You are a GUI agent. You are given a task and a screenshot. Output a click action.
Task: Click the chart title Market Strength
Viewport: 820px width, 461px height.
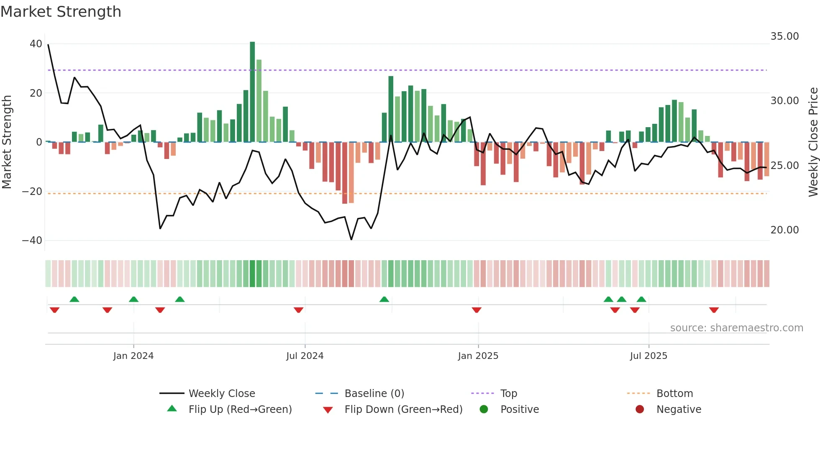(x=61, y=12)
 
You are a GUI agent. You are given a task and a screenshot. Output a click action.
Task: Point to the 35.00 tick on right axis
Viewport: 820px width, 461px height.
(x=784, y=36)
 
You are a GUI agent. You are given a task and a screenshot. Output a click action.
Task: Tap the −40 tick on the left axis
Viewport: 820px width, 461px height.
(x=32, y=241)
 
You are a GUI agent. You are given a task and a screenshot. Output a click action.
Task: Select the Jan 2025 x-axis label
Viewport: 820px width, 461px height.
(x=478, y=356)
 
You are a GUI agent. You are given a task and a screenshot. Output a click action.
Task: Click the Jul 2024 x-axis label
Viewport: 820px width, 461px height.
(x=305, y=356)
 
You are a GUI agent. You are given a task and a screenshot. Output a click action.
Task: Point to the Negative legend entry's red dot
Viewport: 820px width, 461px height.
(x=640, y=410)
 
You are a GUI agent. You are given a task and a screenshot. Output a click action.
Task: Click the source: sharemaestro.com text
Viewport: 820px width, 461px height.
(x=736, y=328)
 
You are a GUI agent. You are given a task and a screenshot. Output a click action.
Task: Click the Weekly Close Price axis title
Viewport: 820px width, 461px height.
(x=813, y=142)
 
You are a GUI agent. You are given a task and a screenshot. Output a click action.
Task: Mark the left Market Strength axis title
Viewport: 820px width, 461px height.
(x=7, y=142)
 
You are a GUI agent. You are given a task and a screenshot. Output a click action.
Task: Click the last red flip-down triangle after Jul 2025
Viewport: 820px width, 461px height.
(x=714, y=310)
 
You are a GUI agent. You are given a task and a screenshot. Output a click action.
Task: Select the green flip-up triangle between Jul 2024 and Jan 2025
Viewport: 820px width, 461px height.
(x=384, y=299)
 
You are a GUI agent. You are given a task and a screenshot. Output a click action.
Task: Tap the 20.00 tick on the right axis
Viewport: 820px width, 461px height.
(x=784, y=230)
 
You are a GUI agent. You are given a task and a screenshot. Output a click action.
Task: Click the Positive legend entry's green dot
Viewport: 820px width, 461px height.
(x=484, y=410)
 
